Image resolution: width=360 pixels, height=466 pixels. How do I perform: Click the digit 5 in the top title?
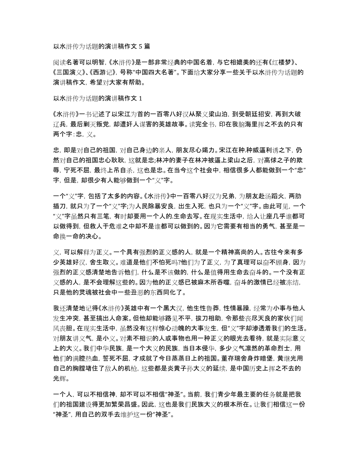(140, 46)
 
